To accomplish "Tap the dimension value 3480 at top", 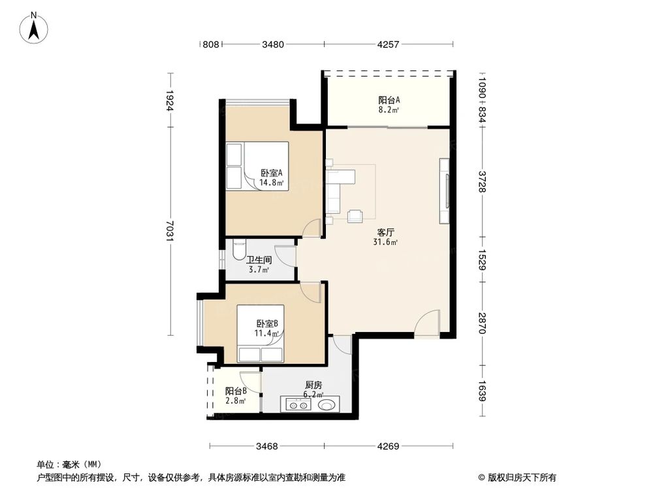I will click(273, 45).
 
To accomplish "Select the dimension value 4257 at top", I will click(389, 45).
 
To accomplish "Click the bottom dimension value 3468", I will click(266, 447).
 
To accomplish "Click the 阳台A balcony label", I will click(389, 100).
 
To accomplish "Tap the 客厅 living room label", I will click(385, 232).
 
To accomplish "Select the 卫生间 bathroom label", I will click(259, 259).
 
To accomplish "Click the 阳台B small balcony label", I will click(236, 391).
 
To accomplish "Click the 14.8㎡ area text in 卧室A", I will click(271, 183).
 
